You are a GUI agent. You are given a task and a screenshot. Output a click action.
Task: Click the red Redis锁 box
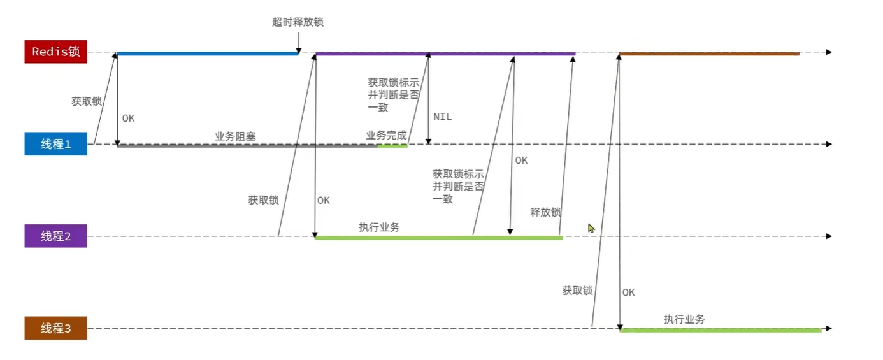55,52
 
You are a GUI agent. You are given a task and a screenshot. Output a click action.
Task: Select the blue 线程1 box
55,145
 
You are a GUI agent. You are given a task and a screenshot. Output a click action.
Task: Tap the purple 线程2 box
55,236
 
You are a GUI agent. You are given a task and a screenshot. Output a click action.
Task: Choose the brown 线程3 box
55,329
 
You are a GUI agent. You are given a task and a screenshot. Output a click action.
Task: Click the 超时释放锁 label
298,22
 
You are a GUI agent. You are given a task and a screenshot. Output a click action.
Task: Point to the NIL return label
442,117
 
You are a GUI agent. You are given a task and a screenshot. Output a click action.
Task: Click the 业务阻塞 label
235,136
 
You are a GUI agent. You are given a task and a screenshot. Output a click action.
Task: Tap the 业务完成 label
386,136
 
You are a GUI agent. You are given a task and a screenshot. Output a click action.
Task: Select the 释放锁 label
545,212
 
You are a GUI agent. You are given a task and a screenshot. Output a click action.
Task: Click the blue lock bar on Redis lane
207,54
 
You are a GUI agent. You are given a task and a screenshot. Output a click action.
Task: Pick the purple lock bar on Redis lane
446,54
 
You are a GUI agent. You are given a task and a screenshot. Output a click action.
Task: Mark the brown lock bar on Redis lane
709,54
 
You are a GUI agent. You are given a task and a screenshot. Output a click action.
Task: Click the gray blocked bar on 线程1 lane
247,146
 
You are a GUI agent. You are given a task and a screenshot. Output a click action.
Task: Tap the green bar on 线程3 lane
720,330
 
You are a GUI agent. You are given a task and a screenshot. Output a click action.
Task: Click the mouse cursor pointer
591,227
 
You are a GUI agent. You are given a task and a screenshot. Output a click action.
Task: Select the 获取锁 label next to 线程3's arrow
577,291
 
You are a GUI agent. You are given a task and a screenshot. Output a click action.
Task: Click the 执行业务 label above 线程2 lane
379,227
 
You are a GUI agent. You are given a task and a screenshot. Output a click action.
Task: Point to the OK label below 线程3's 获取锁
628,292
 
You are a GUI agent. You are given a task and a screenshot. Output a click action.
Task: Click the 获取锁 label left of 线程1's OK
86,101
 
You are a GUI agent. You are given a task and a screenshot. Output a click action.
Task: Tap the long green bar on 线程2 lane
438,238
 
